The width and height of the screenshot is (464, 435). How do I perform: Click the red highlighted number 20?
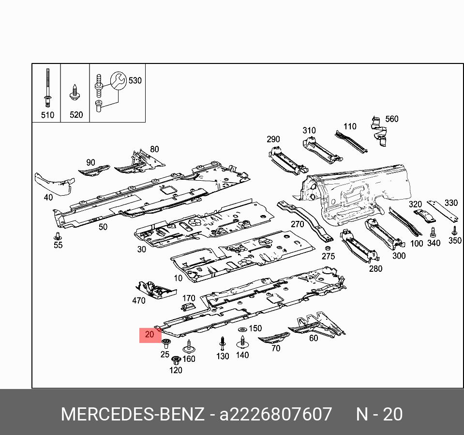150,334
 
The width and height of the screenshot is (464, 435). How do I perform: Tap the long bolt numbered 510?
47,90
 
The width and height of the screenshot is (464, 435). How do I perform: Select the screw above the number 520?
75,93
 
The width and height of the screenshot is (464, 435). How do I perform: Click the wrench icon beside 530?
118,80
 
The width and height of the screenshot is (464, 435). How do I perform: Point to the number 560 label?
391,119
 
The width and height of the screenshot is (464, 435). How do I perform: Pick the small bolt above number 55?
58,236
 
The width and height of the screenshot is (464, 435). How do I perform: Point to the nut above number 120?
176,360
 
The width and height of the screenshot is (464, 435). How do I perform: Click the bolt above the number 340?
433,232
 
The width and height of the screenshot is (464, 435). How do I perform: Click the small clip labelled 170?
187,307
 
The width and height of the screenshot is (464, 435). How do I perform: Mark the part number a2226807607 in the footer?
276,415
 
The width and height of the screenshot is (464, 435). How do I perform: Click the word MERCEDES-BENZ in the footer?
132,415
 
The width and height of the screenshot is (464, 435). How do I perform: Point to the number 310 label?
309,130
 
